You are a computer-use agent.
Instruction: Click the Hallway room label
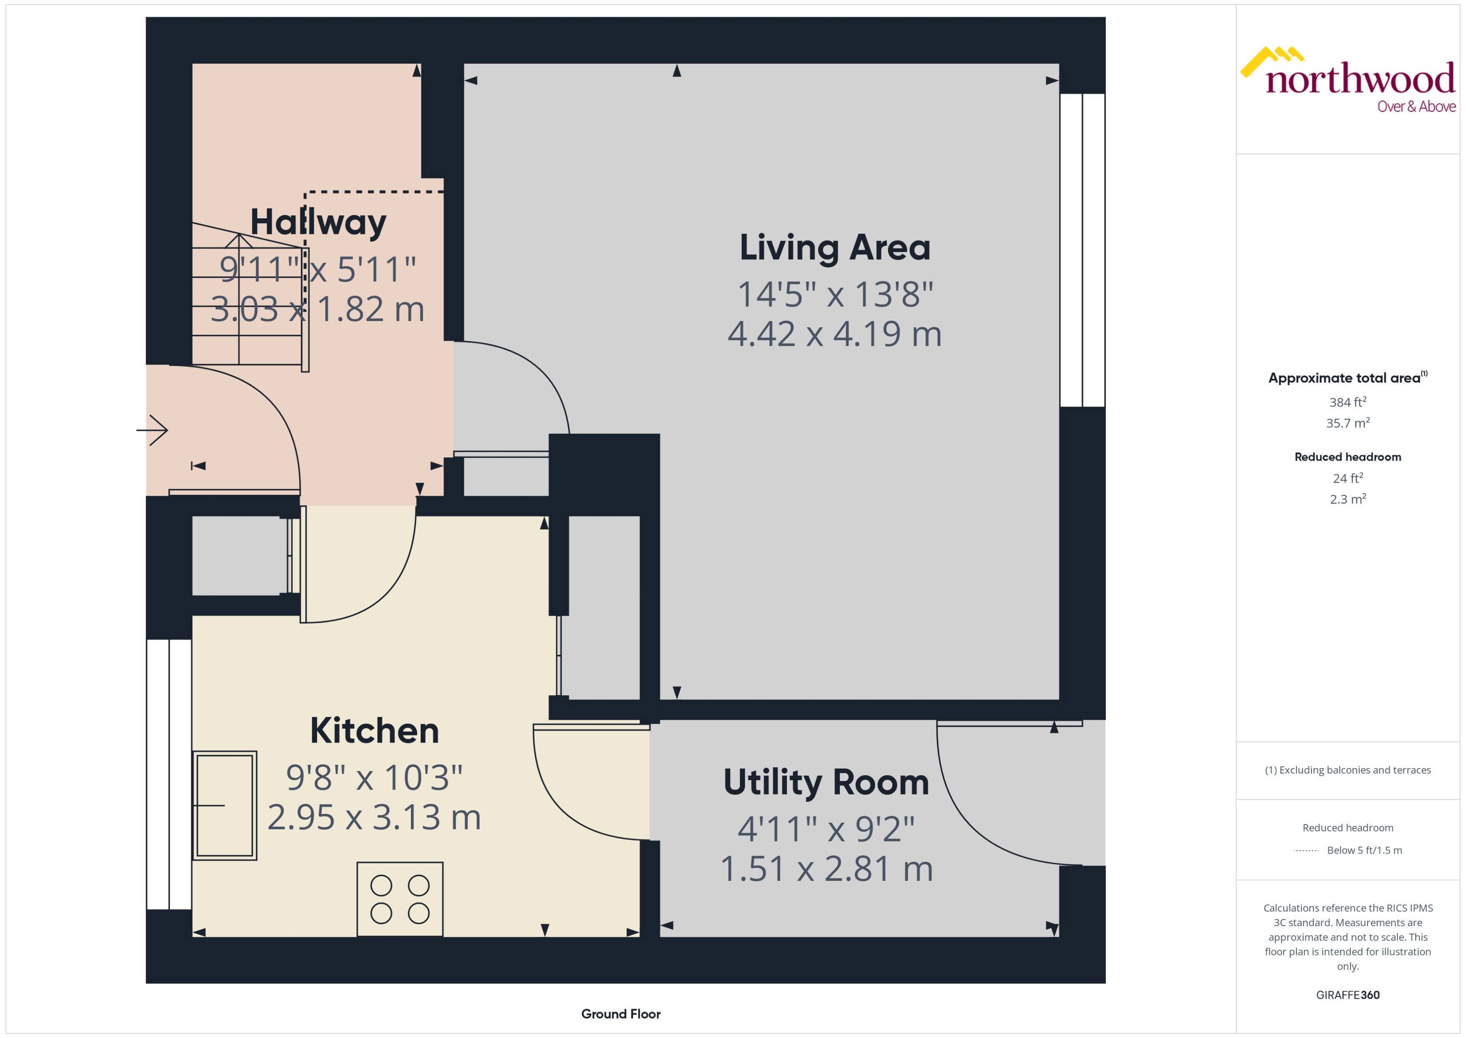click(318, 223)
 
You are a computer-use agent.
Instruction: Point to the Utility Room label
click(826, 782)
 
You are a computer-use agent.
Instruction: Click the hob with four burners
click(400, 899)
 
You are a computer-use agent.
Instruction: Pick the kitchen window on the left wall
click(169, 774)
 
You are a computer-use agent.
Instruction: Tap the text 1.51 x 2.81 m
click(826, 869)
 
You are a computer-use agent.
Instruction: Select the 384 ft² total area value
click(1348, 402)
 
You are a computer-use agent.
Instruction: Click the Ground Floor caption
click(620, 1014)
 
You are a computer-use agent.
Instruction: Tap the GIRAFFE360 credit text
click(1348, 995)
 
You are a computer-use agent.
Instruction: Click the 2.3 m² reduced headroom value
click(1348, 499)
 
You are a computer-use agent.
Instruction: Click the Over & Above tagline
click(1416, 107)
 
